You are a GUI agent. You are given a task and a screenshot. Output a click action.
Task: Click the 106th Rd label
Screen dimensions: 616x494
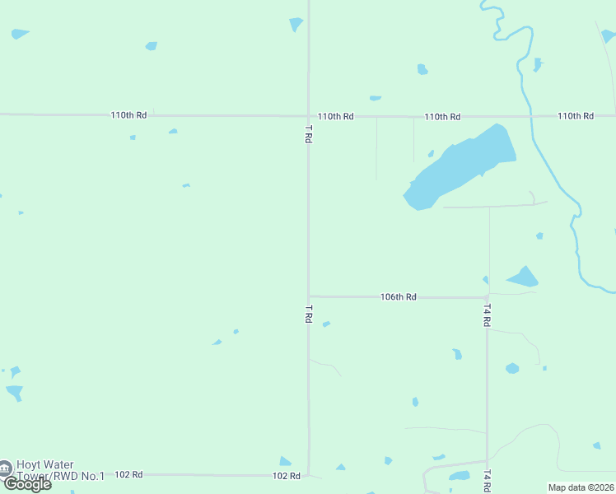tap(399, 296)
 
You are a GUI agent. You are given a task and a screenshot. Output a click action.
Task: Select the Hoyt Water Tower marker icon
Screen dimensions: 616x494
tap(5, 468)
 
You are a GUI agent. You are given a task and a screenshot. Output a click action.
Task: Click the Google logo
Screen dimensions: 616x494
tap(27, 484)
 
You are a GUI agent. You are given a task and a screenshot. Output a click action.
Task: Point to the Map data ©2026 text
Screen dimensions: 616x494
tap(581, 487)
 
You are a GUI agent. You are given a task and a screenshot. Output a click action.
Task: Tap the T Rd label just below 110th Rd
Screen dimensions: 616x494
tap(309, 134)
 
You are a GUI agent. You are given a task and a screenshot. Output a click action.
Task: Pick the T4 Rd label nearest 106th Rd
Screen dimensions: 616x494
tap(488, 315)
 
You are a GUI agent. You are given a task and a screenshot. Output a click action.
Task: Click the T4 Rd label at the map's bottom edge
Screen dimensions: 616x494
tap(488, 481)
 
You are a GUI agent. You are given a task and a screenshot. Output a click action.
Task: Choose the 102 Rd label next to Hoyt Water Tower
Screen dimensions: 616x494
tap(128, 475)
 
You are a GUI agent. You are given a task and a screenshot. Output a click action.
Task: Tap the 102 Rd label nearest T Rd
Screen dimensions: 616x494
tap(286, 476)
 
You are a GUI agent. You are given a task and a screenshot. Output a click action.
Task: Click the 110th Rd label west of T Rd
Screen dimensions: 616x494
tap(128, 115)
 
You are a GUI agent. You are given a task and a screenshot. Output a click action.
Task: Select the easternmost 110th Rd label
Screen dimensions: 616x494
tap(576, 116)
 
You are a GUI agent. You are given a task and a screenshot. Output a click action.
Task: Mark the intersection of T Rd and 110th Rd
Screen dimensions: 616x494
tap(309, 116)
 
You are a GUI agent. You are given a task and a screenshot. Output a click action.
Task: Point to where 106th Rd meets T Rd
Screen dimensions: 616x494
tap(309, 296)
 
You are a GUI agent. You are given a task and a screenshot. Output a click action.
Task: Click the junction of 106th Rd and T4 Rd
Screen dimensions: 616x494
tap(488, 297)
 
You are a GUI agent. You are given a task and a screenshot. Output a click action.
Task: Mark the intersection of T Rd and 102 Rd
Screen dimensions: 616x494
tap(309, 475)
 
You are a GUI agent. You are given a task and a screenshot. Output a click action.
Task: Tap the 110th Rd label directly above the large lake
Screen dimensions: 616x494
tap(442, 117)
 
